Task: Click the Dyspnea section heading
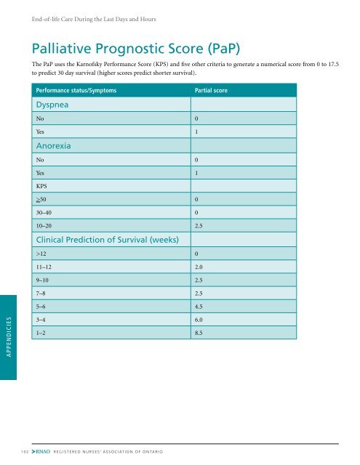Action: (x=54, y=105)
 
